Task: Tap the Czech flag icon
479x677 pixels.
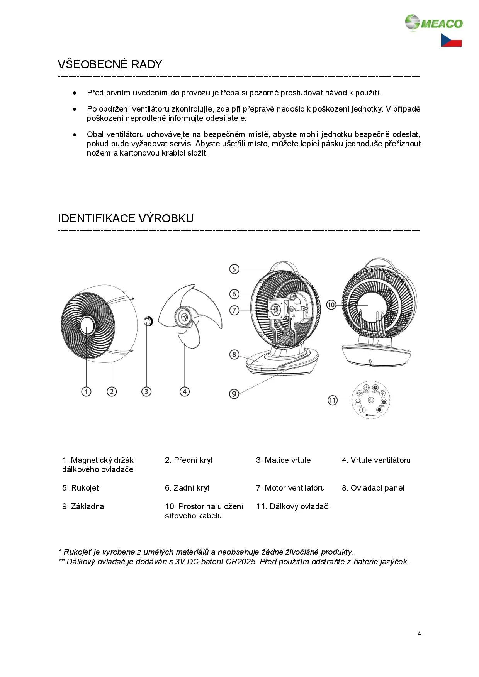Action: tap(451, 40)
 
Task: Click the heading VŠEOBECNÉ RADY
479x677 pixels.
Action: tap(110, 64)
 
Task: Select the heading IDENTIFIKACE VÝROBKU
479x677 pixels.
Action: tap(126, 218)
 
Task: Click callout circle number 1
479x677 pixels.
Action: tap(86, 391)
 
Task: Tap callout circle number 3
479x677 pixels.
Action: tap(146, 391)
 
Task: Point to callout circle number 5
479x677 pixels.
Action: tap(234, 269)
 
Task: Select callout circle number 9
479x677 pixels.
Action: tap(234, 394)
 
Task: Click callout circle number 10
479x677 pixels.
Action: tap(331, 305)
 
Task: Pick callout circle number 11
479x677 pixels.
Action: tap(333, 400)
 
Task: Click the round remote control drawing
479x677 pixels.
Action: tap(370, 400)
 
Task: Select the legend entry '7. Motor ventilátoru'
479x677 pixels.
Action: tap(290, 488)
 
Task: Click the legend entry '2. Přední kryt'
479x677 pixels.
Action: tap(189, 460)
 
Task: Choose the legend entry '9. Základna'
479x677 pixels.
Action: tap(83, 506)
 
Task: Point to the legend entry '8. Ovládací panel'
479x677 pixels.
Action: tap(373, 488)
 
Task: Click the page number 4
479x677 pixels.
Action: tap(419, 633)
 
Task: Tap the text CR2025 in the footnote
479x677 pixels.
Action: tap(241, 561)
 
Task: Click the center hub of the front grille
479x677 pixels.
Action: tap(88, 325)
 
